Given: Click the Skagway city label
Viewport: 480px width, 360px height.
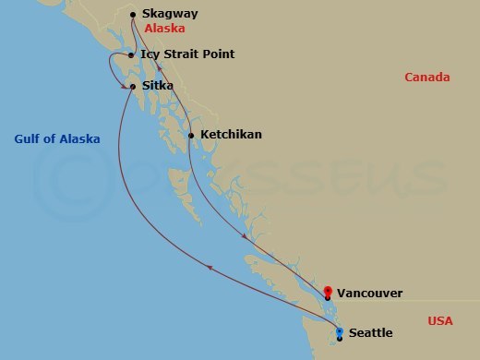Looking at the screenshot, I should coord(171,15).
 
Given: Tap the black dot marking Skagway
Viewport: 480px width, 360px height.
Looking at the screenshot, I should coord(134,15).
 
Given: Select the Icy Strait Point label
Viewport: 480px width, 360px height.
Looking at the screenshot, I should coord(187,54).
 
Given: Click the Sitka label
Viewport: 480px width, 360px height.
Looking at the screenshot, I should coord(158,87).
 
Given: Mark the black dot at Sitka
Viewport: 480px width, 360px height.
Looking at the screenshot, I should coord(134,87).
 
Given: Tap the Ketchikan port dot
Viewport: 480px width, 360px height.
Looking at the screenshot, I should coord(191,136).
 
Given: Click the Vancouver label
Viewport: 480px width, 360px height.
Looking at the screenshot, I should coord(369,294).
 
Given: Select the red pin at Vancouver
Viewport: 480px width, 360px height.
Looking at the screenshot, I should coord(328,291).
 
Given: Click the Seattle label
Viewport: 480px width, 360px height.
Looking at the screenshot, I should coord(370,333).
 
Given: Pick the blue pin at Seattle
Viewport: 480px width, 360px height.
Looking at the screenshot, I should coord(340,332).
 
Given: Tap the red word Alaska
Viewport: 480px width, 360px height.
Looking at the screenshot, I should coord(164,29).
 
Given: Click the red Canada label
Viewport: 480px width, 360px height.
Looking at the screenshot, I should coord(426,78).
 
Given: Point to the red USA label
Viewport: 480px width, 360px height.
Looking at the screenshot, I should coord(440,321).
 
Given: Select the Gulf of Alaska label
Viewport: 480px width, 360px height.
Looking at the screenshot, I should coord(57,139).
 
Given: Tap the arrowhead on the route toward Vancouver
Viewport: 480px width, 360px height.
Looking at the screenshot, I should coord(245,237).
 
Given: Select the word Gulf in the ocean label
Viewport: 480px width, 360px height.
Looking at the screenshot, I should coord(27,139).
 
